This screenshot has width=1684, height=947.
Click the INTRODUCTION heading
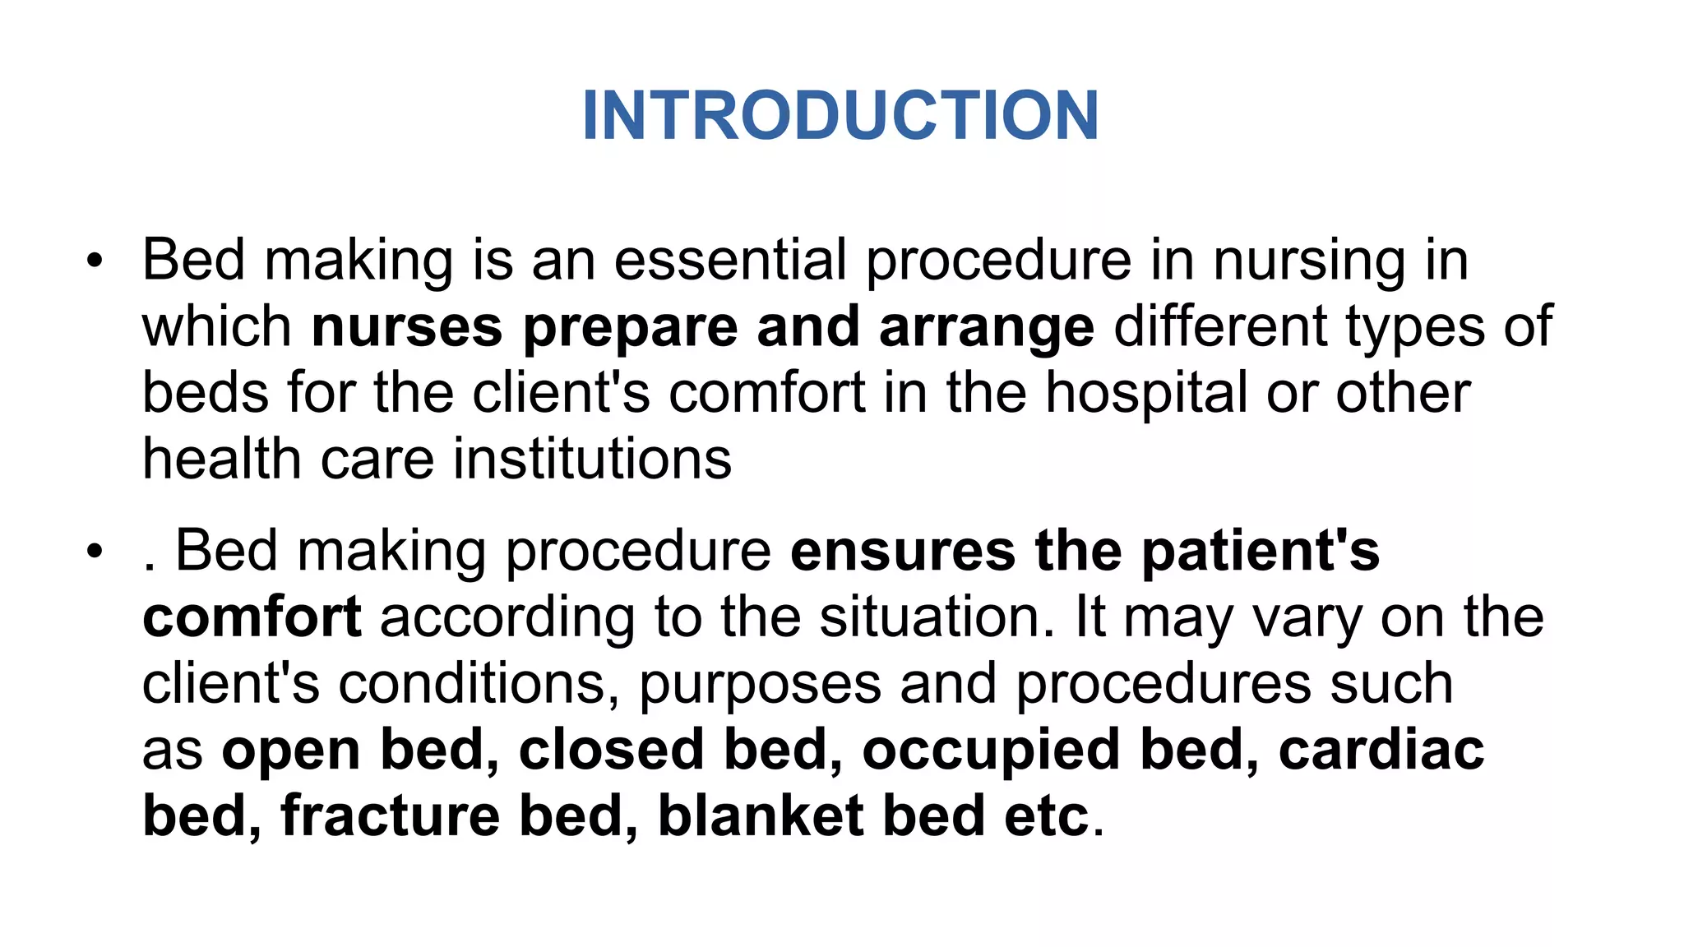pyautogui.click(x=840, y=116)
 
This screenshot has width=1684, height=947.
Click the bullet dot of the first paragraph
pyautogui.click(x=95, y=261)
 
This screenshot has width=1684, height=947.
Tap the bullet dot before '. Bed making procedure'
pyautogui.click(x=95, y=552)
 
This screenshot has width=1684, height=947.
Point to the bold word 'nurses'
pyautogui.click(x=407, y=327)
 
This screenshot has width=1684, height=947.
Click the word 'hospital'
pyautogui.click(x=1146, y=394)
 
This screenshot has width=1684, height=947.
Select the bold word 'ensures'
pyautogui.click(x=903, y=552)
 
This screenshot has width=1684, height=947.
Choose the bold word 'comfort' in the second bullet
pyautogui.click(x=252, y=617)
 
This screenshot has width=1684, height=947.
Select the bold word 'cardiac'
pyautogui.click(x=1381, y=750)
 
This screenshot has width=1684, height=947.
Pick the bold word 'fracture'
pyautogui.click(x=391, y=816)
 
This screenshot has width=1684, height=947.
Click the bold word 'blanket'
pyautogui.click(x=761, y=816)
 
